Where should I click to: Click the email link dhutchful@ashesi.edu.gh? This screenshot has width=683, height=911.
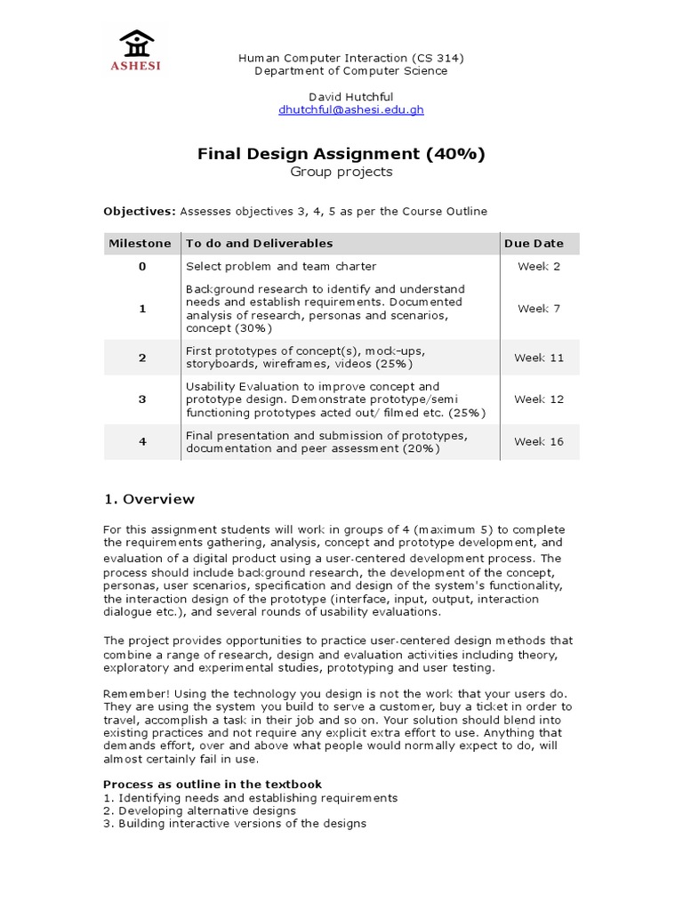click(350, 109)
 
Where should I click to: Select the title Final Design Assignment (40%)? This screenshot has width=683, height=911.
click(341, 154)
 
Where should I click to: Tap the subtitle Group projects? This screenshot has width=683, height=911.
click(341, 172)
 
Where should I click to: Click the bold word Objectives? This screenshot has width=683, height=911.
click(140, 211)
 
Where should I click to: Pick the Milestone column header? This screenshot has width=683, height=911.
click(140, 243)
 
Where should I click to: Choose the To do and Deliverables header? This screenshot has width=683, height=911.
click(259, 243)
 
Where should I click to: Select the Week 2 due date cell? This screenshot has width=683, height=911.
click(539, 266)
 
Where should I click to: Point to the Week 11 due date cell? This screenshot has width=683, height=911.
click(539, 358)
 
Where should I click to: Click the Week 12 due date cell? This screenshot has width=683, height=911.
click(539, 399)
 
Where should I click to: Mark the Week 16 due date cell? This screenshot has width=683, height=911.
click(539, 441)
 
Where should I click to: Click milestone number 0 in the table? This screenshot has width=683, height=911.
click(141, 266)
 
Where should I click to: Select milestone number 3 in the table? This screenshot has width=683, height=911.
click(141, 399)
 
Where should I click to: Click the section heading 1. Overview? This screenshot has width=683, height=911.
click(149, 499)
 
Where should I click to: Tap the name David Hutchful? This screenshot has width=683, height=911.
click(350, 96)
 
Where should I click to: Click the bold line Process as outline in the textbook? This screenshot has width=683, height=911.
click(213, 784)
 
